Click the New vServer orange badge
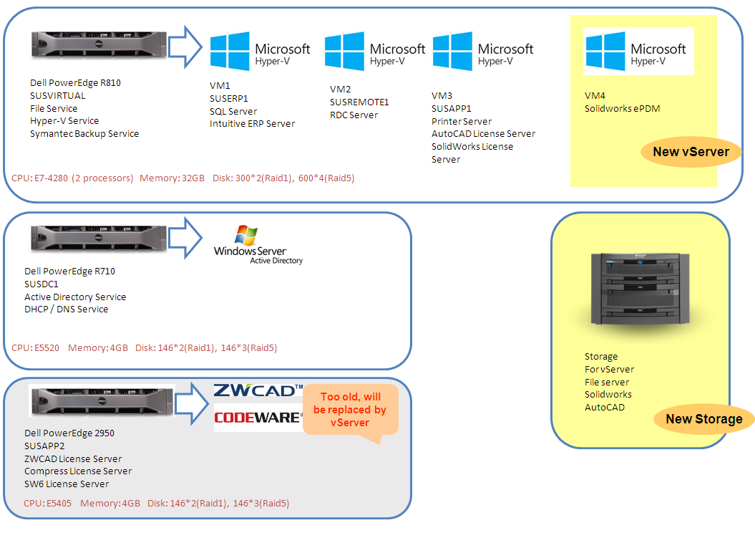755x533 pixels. (x=691, y=152)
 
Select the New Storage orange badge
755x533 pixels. (x=704, y=419)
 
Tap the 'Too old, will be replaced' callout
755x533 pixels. (x=350, y=410)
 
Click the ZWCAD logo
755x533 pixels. (x=258, y=390)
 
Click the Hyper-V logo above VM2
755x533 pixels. (x=374, y=52)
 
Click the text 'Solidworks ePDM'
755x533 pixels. (x=622, y=108)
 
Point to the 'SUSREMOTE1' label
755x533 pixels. (x=359, y=102)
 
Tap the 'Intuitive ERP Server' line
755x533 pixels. (x=252, y=123)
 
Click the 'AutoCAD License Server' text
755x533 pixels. (x=483, y=133)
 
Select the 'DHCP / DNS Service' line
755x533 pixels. (x=67, y=309)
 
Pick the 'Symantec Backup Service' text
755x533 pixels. (x=84, y=133)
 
